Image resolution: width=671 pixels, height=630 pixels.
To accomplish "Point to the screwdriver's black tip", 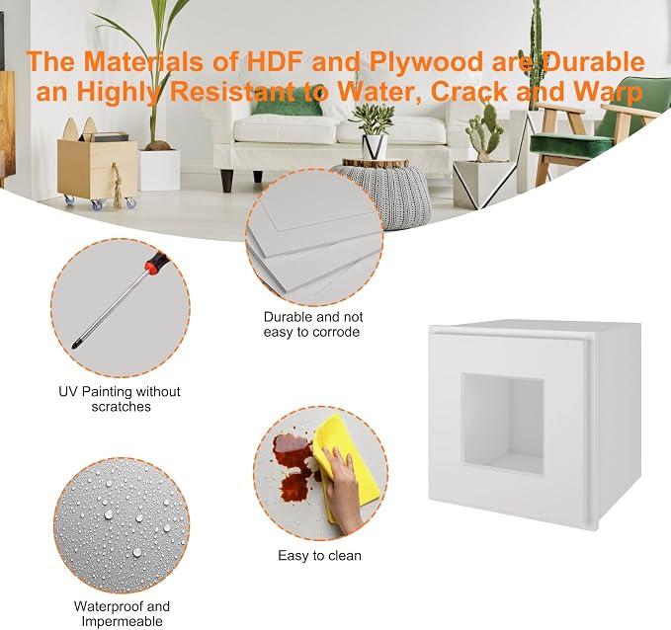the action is pyautogui.click(x=77, y=345).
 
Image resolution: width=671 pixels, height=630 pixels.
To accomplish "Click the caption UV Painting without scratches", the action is pyautogui.click(x=120, y=399).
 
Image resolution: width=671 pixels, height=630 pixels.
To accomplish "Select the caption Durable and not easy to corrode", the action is pyautogui.click(x=312, y=324).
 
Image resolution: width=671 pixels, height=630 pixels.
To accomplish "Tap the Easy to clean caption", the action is pyautogui.click(x=319, y=556).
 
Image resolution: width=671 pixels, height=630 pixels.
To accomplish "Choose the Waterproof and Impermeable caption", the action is pyautogui.click(x=122, y=613).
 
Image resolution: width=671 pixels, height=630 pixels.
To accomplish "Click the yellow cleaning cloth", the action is pyautogui.click(x=345, y=466).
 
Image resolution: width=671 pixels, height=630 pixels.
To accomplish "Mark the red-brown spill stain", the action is pyautogui.click(x=294, y=464).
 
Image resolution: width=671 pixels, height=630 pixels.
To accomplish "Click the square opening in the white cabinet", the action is pyautogui.click(x=502, y=424).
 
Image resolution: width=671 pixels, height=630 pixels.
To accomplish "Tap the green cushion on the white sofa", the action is pyautogui.click(x=287, y=106).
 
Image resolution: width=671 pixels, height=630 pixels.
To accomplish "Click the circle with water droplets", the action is pyautogui.click(x=122, y=524).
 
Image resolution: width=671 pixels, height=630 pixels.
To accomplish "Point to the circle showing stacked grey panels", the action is pyautogui.click(x=314, y=237).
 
